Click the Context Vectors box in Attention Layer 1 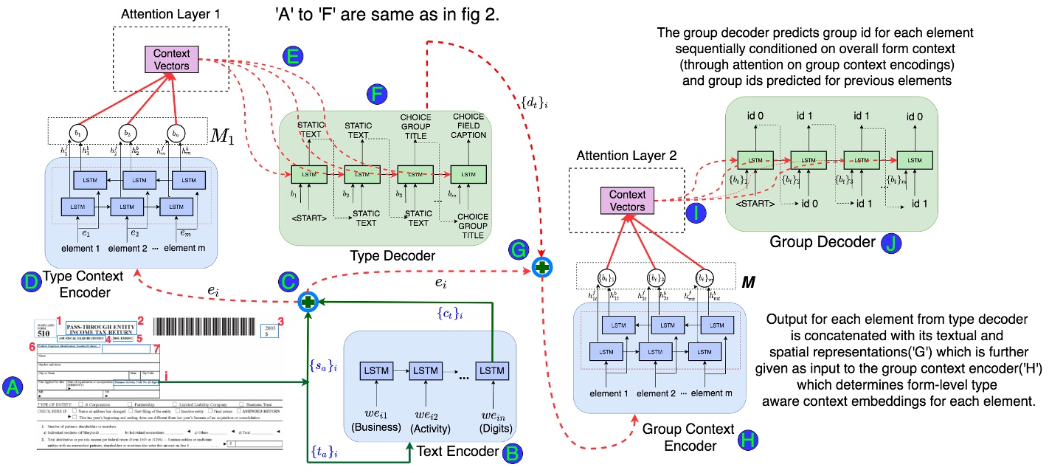click(x=172, y=60)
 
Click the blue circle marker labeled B click(x=510, y=455)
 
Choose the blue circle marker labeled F click(x=375, y=94)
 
